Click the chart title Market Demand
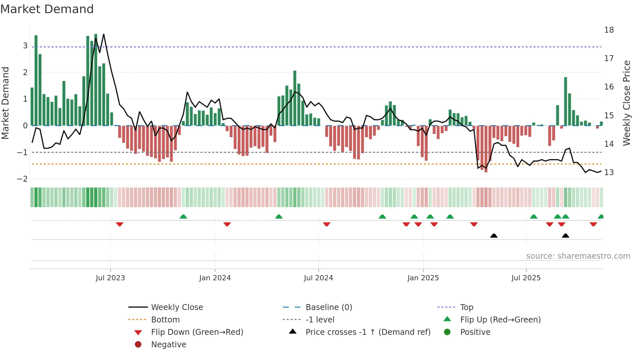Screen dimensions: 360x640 pos(47,9)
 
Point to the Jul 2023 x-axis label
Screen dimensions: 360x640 pos(110,278)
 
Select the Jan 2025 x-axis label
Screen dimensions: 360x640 pos(423,278)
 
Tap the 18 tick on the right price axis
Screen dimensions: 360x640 pos(609,30)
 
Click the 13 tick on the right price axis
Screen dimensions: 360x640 pos(609,172)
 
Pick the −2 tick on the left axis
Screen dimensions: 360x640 pos(23,179)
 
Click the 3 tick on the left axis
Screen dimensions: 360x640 pos(25,46)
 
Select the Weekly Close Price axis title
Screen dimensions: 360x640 pos(626,103)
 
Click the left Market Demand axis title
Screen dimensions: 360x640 pos(6,103)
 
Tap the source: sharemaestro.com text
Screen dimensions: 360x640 pos(578,256)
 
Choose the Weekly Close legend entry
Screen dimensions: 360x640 pos(177,307)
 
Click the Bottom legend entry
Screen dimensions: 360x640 pos(165,320)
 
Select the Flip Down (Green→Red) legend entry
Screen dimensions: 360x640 pos(197,332)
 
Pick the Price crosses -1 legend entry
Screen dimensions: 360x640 pos(368,332)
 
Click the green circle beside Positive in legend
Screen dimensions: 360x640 pos(447,332)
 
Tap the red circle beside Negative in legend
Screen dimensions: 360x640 pos(138,345)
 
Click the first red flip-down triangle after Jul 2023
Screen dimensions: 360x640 pos(120,224)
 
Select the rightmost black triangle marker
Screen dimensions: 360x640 pos(566,236)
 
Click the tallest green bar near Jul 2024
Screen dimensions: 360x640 pos(295,98)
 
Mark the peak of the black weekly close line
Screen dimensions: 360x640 pos(104,34)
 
